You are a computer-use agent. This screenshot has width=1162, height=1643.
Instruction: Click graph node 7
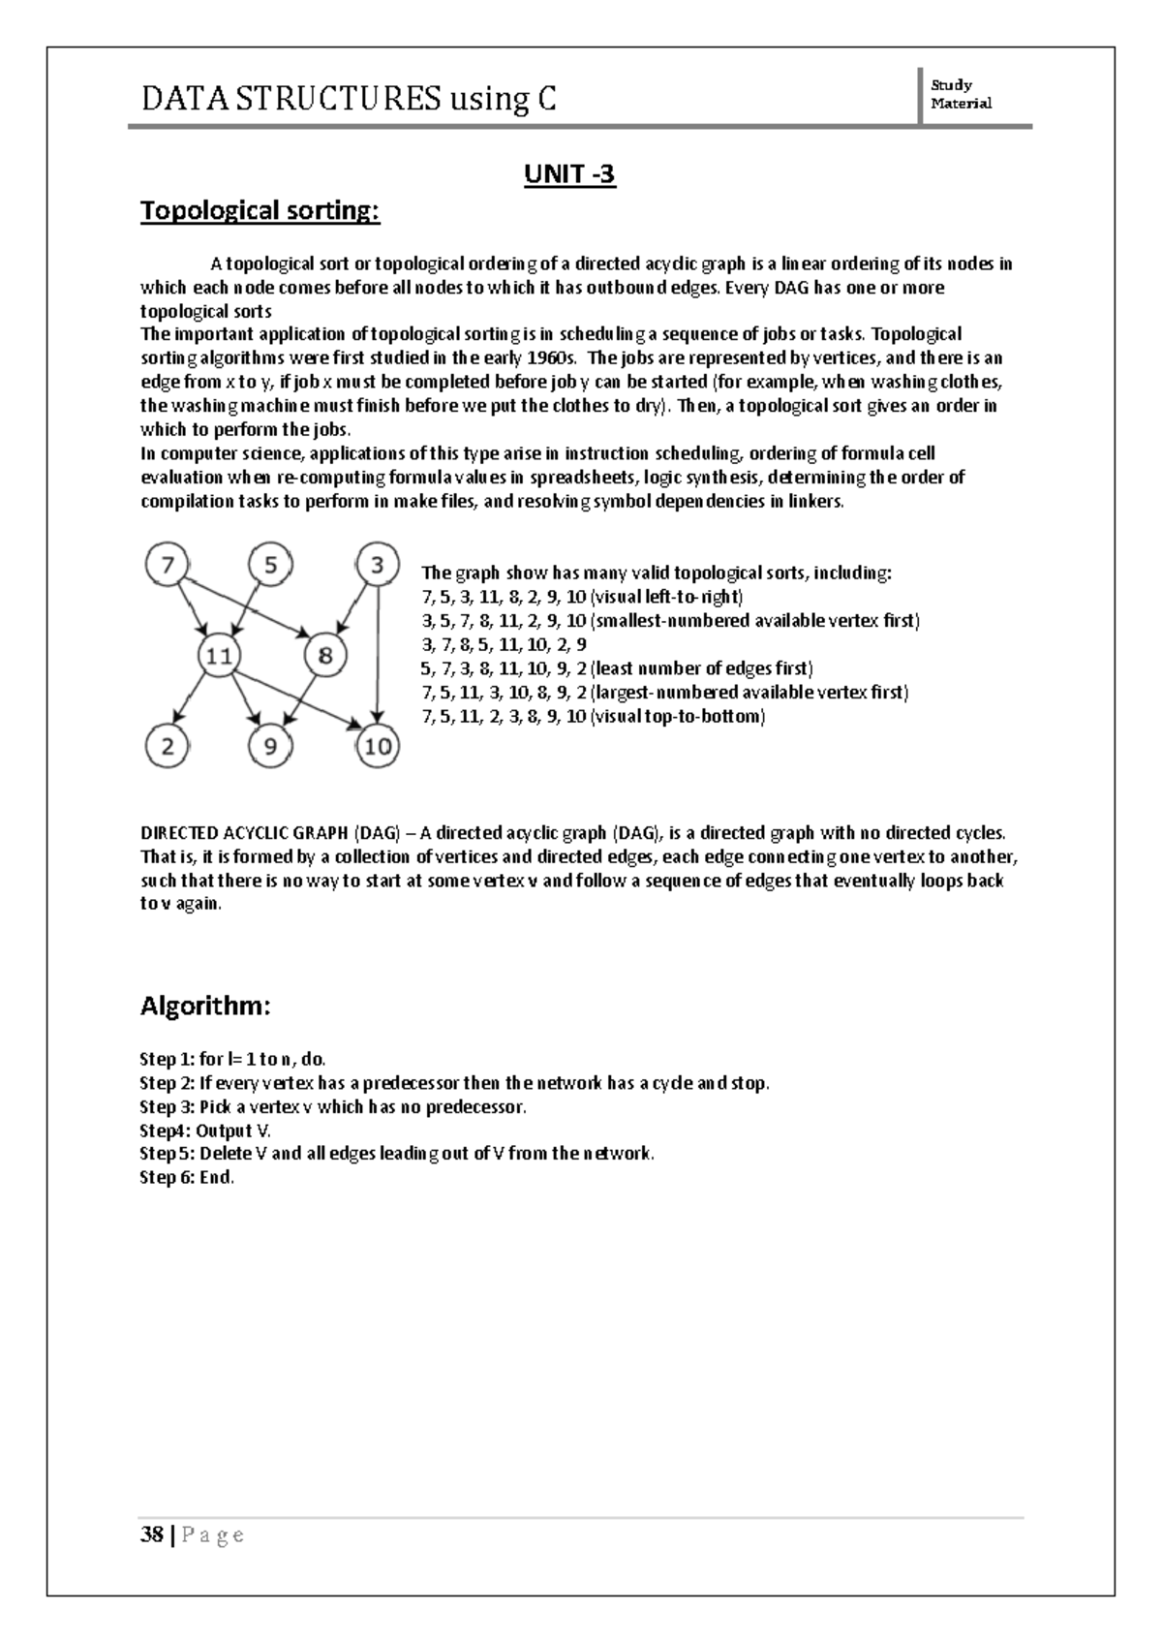168,565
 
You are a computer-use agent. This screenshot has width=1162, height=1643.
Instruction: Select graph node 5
271,565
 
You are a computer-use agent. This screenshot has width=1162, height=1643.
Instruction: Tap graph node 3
378,565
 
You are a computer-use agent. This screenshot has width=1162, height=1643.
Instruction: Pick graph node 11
221,656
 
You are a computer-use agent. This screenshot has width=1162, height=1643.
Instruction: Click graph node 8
325,656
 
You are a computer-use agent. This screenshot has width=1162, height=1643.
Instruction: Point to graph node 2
168,747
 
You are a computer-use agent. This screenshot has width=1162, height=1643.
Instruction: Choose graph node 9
271,747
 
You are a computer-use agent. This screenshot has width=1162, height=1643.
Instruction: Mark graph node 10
378,747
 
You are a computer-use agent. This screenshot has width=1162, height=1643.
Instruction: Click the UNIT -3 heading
569,174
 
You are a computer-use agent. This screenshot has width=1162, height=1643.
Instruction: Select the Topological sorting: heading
260,210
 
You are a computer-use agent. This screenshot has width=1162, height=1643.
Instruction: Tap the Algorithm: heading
205,1006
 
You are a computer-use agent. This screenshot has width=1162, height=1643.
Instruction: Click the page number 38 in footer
151,1534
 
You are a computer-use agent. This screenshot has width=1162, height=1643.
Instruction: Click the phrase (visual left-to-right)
666,597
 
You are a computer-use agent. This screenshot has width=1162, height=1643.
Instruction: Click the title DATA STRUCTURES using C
349,99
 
